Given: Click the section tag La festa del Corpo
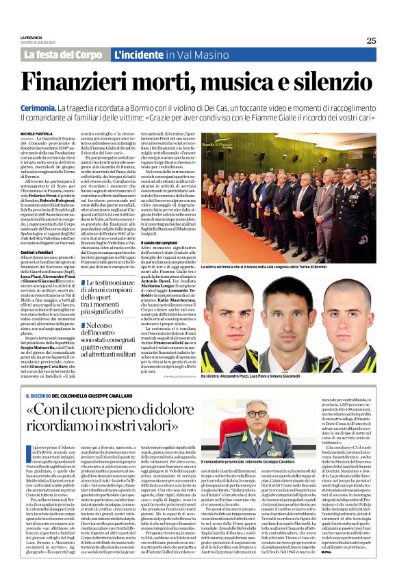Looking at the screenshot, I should (x=63, y=54).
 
